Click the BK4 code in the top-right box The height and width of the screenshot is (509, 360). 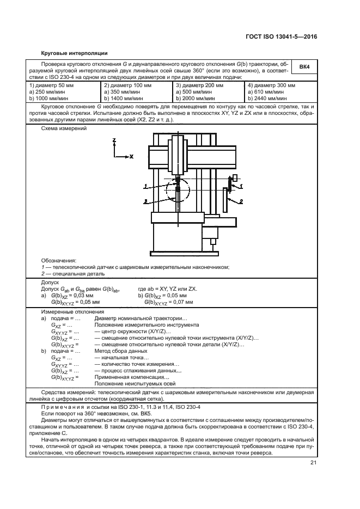click(x=304, y=67)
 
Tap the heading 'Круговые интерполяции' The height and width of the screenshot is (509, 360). click(x=75, y=53)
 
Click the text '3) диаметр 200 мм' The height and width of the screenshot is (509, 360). click(x=199, y=86)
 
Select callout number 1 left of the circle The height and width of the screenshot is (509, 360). click(x=145, y=186)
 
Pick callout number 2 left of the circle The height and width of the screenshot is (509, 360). click(x=145, y=201)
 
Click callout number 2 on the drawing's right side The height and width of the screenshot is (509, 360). click(x=240, y=201)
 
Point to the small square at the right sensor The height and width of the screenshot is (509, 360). click(x=235, y=177)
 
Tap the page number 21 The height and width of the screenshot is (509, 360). click(x=313, y=463)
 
